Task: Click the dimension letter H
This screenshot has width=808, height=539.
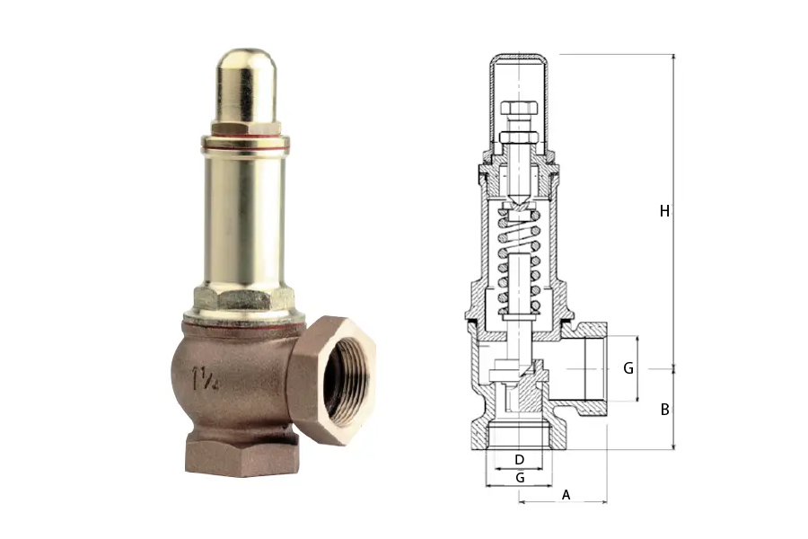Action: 664,211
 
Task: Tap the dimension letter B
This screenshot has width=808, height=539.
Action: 664,410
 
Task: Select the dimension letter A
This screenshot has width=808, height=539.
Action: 566,495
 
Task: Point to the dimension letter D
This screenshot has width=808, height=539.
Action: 520,460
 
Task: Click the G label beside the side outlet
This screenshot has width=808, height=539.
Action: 628,368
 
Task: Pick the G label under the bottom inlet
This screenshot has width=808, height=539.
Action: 520,478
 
